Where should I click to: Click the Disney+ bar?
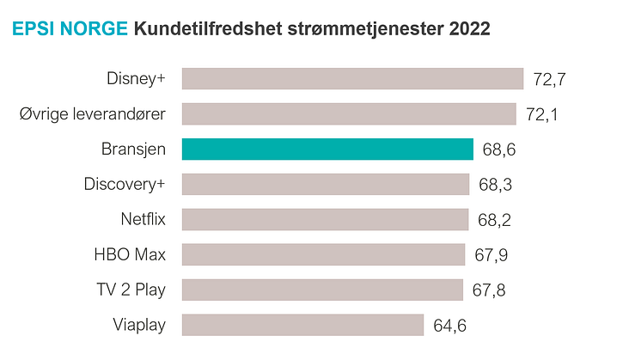tap(352, 79)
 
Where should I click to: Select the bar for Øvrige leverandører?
tap(349, 114)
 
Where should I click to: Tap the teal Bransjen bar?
tap(327, 149)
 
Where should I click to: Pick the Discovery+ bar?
tap(326, 185)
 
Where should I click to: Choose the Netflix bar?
tap(325, 219)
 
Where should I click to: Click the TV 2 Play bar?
tap(323, 290)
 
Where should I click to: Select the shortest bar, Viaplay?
tap(302, 325)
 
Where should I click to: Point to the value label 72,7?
tap(550, 80)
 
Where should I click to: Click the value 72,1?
tap(542, 115)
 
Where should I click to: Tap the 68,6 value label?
tap(499, 150)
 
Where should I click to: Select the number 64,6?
tap(450, 326)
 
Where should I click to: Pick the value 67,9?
tap(491, 255)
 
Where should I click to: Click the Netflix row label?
tap(143, 219)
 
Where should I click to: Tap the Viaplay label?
tap(139, 325)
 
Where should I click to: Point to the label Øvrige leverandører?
tap(92, 114)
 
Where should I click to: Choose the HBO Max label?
tap(130, 254)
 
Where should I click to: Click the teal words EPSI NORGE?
tap(69, 30)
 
